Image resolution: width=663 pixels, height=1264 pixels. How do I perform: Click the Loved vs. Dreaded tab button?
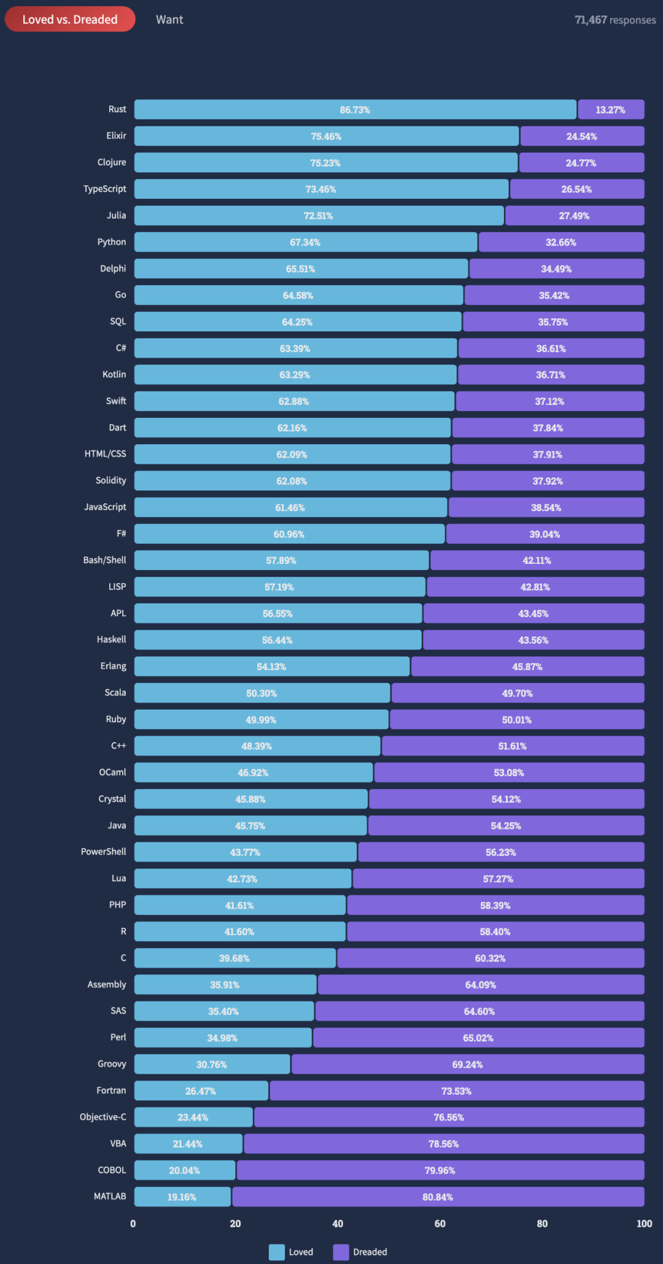coord(70,20)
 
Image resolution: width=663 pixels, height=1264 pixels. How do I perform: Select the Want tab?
coord(169,20)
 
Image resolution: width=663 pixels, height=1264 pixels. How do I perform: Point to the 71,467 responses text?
coord(615,20)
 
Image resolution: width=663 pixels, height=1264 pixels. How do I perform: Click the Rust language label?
coord(117,109)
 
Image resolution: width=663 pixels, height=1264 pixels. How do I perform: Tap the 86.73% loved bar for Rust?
coord(355,110)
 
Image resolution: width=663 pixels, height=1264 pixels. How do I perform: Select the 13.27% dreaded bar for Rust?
coord(611,110)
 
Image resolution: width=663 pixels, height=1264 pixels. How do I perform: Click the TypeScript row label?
coord(105,189)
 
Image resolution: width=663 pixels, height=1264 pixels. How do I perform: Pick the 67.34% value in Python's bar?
coord(305,242)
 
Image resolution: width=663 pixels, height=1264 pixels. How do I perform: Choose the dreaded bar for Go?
coord(554,295)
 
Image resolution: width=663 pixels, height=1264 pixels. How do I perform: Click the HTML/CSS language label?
coord(106,454)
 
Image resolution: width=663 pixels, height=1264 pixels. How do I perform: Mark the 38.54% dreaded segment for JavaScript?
coord(546,507)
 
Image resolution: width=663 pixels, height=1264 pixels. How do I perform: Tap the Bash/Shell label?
coord(105,560)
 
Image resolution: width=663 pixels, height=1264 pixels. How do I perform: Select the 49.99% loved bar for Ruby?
coord(261,720)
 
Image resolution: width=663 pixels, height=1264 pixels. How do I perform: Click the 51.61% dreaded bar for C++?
coord(513,746)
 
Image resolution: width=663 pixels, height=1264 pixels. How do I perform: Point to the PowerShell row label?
coord(104,852)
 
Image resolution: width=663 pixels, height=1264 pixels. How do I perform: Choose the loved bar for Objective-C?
coord(193,1117)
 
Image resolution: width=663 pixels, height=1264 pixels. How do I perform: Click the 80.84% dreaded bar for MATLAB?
coord(438,1197)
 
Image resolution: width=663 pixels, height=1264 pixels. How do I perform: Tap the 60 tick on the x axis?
coord(440,1224)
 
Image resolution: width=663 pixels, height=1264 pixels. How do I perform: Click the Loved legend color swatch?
coord(277,1252)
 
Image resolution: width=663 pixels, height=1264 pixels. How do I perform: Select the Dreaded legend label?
coord(370,1252)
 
